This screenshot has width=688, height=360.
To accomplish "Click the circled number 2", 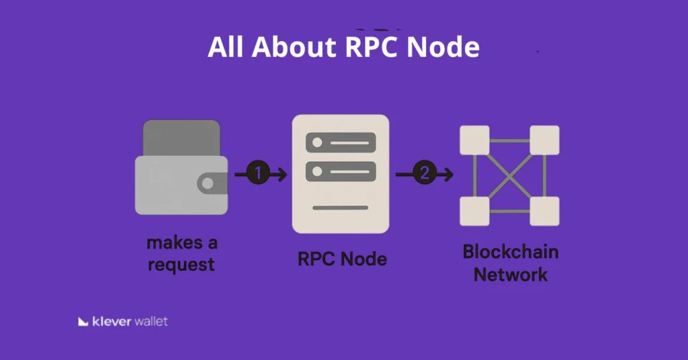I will coord(423,174).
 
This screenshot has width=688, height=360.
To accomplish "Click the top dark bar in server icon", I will coord(340,142).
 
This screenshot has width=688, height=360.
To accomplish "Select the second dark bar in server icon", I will coord(340,171).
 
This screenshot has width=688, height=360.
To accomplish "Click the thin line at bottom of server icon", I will coord(340,208).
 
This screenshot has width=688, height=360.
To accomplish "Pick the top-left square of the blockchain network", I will coord(474,140).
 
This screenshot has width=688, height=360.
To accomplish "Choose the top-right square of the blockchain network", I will coord(544,140).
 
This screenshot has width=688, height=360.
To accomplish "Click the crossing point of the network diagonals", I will coord(509,175).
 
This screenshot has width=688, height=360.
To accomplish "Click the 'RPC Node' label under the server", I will coord(342,259).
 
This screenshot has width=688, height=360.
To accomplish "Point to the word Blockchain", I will coord(511,253).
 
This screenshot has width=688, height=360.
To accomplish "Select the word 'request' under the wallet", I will coord(181,264).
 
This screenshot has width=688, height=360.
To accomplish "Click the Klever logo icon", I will coord(83,322).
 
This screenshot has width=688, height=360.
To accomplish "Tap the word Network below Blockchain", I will coord(511,275).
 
